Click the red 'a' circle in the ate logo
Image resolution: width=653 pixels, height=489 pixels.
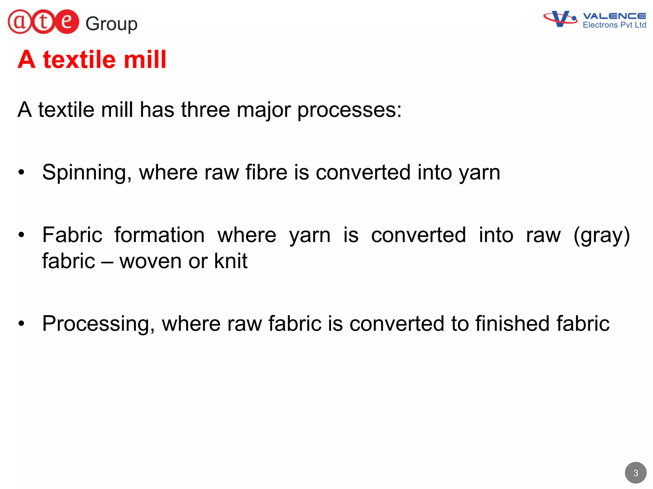coord(20,22)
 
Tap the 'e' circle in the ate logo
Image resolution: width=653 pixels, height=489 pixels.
coord(66,22)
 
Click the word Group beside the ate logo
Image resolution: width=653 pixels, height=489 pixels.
coord(111,24)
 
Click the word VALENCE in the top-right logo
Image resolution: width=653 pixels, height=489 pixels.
coord(614,16)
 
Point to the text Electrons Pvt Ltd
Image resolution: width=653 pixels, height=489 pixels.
coord(614,25)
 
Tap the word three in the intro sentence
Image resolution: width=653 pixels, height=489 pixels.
coord(205,110)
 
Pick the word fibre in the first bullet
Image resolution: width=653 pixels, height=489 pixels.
coord(266,172)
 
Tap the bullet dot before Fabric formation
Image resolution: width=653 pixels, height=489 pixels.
coord(21,235)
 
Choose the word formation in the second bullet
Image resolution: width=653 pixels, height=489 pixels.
coord(159,235)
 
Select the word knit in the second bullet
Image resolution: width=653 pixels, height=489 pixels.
coord(231,261)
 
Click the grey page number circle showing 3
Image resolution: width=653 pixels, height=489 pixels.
coord(635,473)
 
